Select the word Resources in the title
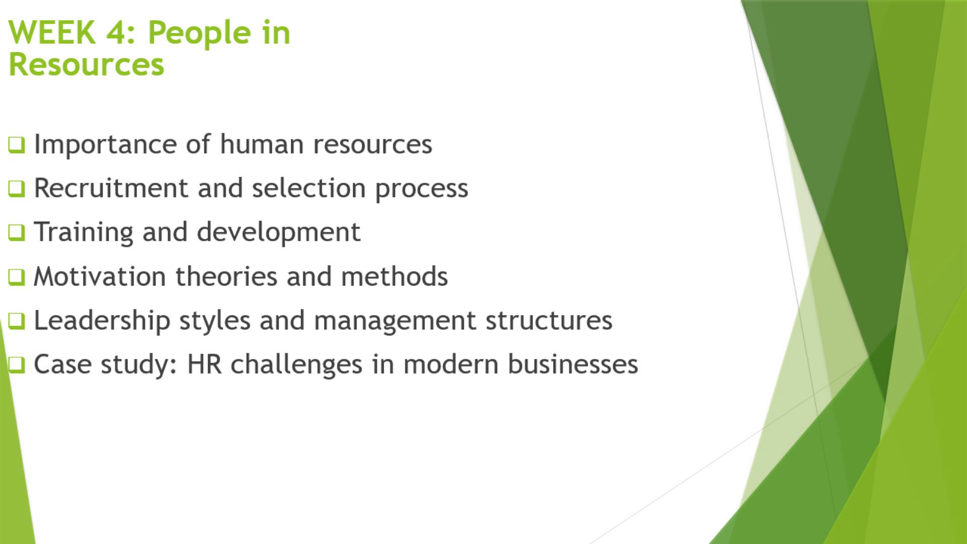point(87,64)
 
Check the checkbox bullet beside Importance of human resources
point(16,145)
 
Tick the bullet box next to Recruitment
point(16,189)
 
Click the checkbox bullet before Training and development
point(16,233)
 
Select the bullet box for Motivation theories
point(16,277)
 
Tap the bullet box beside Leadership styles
point(16,321)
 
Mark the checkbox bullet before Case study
point(16,365)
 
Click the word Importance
point(105,145)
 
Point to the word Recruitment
point(111,188)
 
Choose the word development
point(279,233)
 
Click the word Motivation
point(100,276)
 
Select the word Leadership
point(102,321)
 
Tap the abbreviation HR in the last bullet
point(204,364)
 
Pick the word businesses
point(573,364)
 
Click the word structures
point(549,321)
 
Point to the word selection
point(309,188)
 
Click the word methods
point(394,276)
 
